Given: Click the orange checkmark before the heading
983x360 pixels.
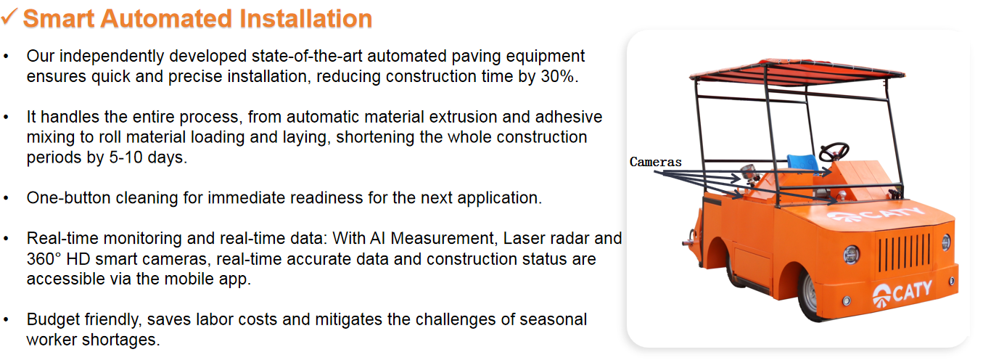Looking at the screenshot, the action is click(9, 17).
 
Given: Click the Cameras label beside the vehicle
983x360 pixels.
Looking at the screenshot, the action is click(656, 162).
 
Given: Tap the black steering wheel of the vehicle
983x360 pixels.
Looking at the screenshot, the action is click(834, 152).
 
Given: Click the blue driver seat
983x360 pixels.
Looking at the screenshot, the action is click(802, 162).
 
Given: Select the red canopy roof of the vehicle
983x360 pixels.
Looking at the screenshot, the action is click(797, 72).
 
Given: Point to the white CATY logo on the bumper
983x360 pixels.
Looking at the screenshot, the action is click(902, 293).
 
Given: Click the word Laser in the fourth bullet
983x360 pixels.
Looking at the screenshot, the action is click(522, 238).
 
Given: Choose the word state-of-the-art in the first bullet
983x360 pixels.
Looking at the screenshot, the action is click(307, 56).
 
